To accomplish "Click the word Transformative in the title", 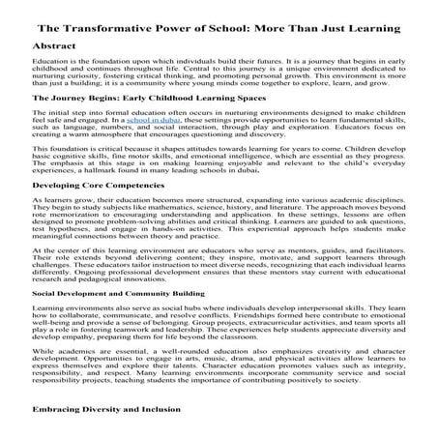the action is (x=117, y=23).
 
